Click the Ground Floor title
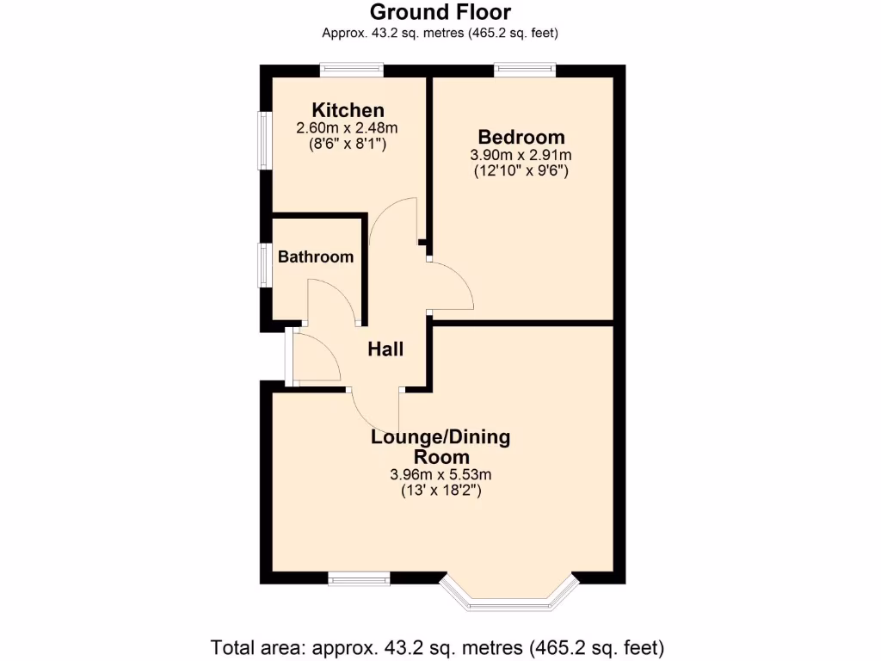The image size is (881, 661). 440,12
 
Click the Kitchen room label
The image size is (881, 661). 348,110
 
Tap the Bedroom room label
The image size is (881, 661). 521,137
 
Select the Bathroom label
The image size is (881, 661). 316,256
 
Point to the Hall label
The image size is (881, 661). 385,349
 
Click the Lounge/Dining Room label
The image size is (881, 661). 440,447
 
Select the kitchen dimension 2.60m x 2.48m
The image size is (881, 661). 348,128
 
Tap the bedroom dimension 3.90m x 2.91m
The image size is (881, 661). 521,155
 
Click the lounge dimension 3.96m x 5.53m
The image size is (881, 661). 440,474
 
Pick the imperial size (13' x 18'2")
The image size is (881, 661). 440,491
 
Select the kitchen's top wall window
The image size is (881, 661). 351,69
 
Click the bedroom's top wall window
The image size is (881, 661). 525,69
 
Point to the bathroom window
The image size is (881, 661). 266,263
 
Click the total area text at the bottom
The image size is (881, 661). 438,646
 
